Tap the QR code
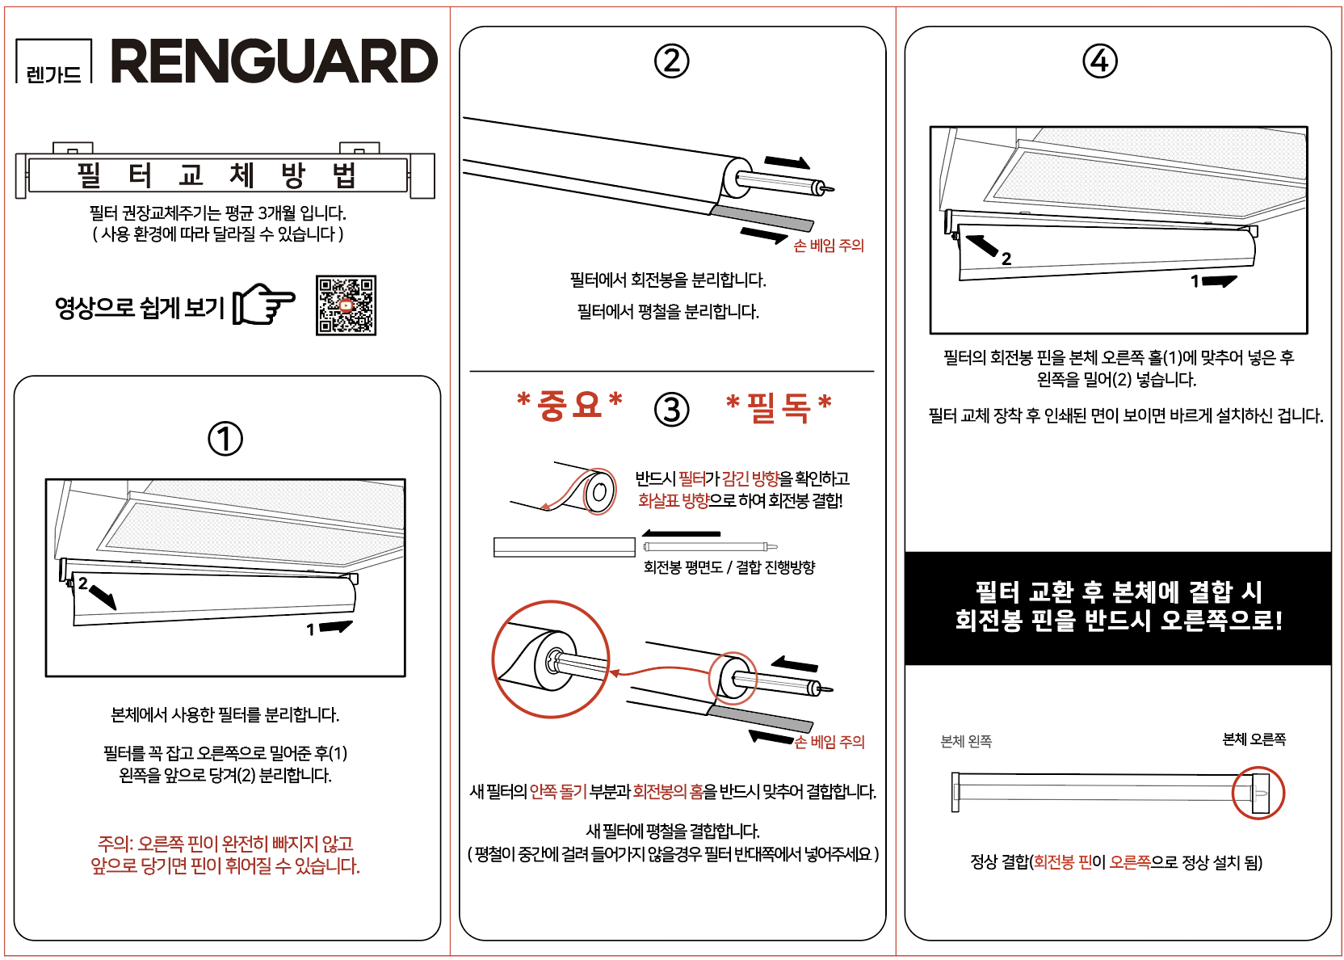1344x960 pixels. tap(346, 305)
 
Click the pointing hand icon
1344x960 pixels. tap(263, 304)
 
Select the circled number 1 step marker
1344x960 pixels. tap(225, 438)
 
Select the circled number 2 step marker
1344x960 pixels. tap(671, 61)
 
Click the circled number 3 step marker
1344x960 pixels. tap(671, 410)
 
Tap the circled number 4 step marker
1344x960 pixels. tap(1099, 61)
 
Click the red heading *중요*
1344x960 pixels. tap(569, 406)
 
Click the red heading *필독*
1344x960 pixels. tap(778, 407)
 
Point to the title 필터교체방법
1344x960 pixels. tap(217, 175)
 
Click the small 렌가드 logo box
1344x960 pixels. tap(54, 61)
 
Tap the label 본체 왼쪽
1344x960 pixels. tap(966, 742)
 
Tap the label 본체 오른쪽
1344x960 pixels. tap(1254, 739)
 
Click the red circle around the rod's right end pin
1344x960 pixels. tap(1258, 768)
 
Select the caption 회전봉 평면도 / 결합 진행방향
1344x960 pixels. tap(729, 566)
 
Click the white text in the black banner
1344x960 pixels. tap(1119, 606)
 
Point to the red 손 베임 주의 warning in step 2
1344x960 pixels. tap(829, 245)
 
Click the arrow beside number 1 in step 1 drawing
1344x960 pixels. tap(336, 626)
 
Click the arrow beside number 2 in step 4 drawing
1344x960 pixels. tap(981, 245)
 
